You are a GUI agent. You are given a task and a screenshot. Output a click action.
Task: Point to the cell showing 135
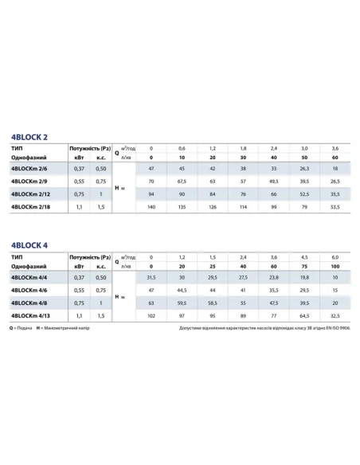(x=182, y=206)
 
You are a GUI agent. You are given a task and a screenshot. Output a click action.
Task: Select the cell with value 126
(x=213, y=206)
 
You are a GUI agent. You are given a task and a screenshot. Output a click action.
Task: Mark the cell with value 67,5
(x=182, y=181)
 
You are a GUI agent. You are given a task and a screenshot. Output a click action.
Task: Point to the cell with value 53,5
(x=335, y=206)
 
